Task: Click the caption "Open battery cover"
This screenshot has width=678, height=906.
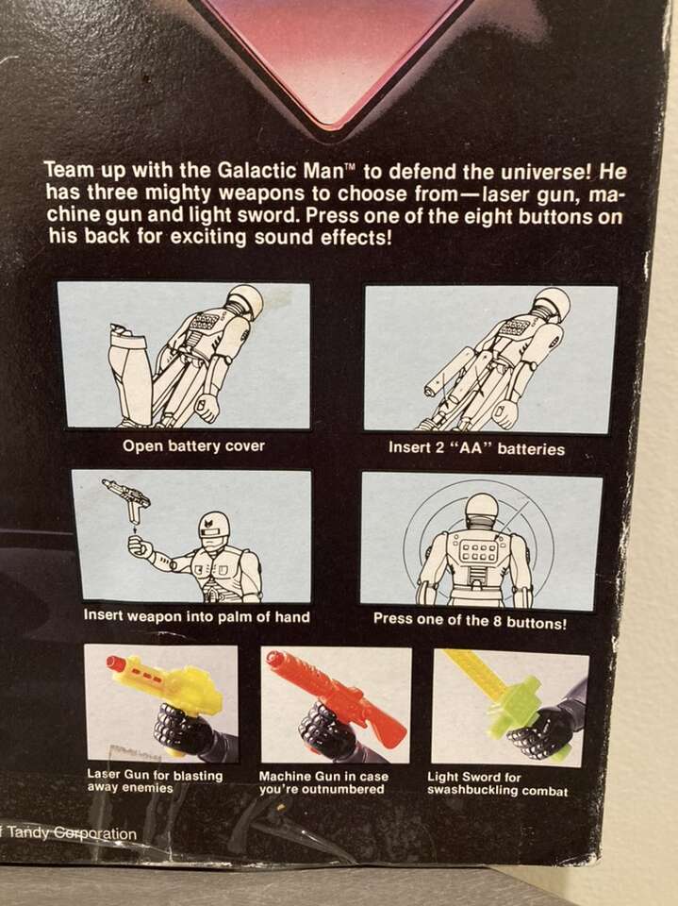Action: (193, 446)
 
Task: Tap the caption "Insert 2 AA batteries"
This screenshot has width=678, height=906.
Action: (476, 448)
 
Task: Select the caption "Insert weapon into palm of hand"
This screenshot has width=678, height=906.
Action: (197, 616)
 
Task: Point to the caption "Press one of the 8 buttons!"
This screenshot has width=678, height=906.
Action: (470, 621)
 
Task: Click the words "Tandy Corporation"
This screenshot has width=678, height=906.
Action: (73, 833)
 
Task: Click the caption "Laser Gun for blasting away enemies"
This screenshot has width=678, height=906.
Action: (155, 781)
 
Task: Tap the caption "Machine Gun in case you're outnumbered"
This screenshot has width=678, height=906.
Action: (323, 782)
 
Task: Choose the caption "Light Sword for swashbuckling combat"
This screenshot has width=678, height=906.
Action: (497, 783)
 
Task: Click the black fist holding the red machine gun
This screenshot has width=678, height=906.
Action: (320, 727)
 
